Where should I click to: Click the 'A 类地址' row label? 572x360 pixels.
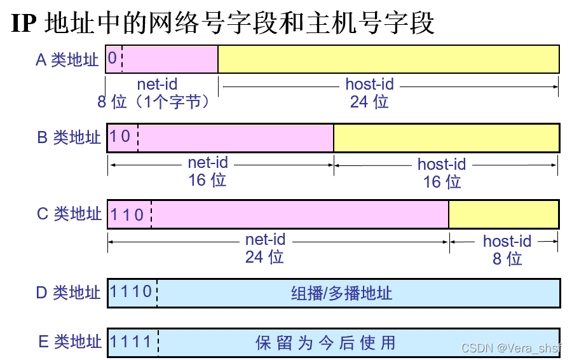pyautogui.click(x=67, y=60)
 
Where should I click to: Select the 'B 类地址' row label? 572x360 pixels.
pyautogui.click(x=69, y=137)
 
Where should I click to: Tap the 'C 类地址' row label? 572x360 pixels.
pyautogui.click(x=69, y=214)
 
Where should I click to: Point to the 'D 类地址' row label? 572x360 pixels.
pyautogui.click(x=69, y=293)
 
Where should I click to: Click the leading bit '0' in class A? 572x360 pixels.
pyautogui.click(x=112, y=59)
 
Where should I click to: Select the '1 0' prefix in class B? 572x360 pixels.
pyautogui.click(x=121, y=137)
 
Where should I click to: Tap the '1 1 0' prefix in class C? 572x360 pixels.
pyautogui.click(x=127, y=214)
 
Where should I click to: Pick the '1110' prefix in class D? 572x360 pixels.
pyautogui.click(x=131, y=292)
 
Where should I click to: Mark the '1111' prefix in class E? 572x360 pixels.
pyautogui.click(x=131, y=342)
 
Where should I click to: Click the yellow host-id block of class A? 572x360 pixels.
pyautogui.click(x=388, y=59)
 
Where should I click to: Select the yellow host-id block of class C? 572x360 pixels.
pyautogui.click(x=503, y=214)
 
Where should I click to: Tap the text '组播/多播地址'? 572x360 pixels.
pyautogui.click(x=342, y=293)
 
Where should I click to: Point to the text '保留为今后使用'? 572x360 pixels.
pyautogui.click(x=325, y=343)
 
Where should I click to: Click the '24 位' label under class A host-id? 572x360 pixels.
pyautogui.click(x=369, y=102)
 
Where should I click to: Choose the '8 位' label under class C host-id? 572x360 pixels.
pyautogui.click(x=507, y=258)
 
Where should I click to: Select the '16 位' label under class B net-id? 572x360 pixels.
pyautogui.click(x=207, y=180)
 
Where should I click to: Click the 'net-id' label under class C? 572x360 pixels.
pyautogui.click(x=266, y=240)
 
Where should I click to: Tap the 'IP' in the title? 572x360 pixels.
pyautogui.click(x=26, y=24)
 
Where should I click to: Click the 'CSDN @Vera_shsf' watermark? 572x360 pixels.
pyautogui.click(x=512, y=348)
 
